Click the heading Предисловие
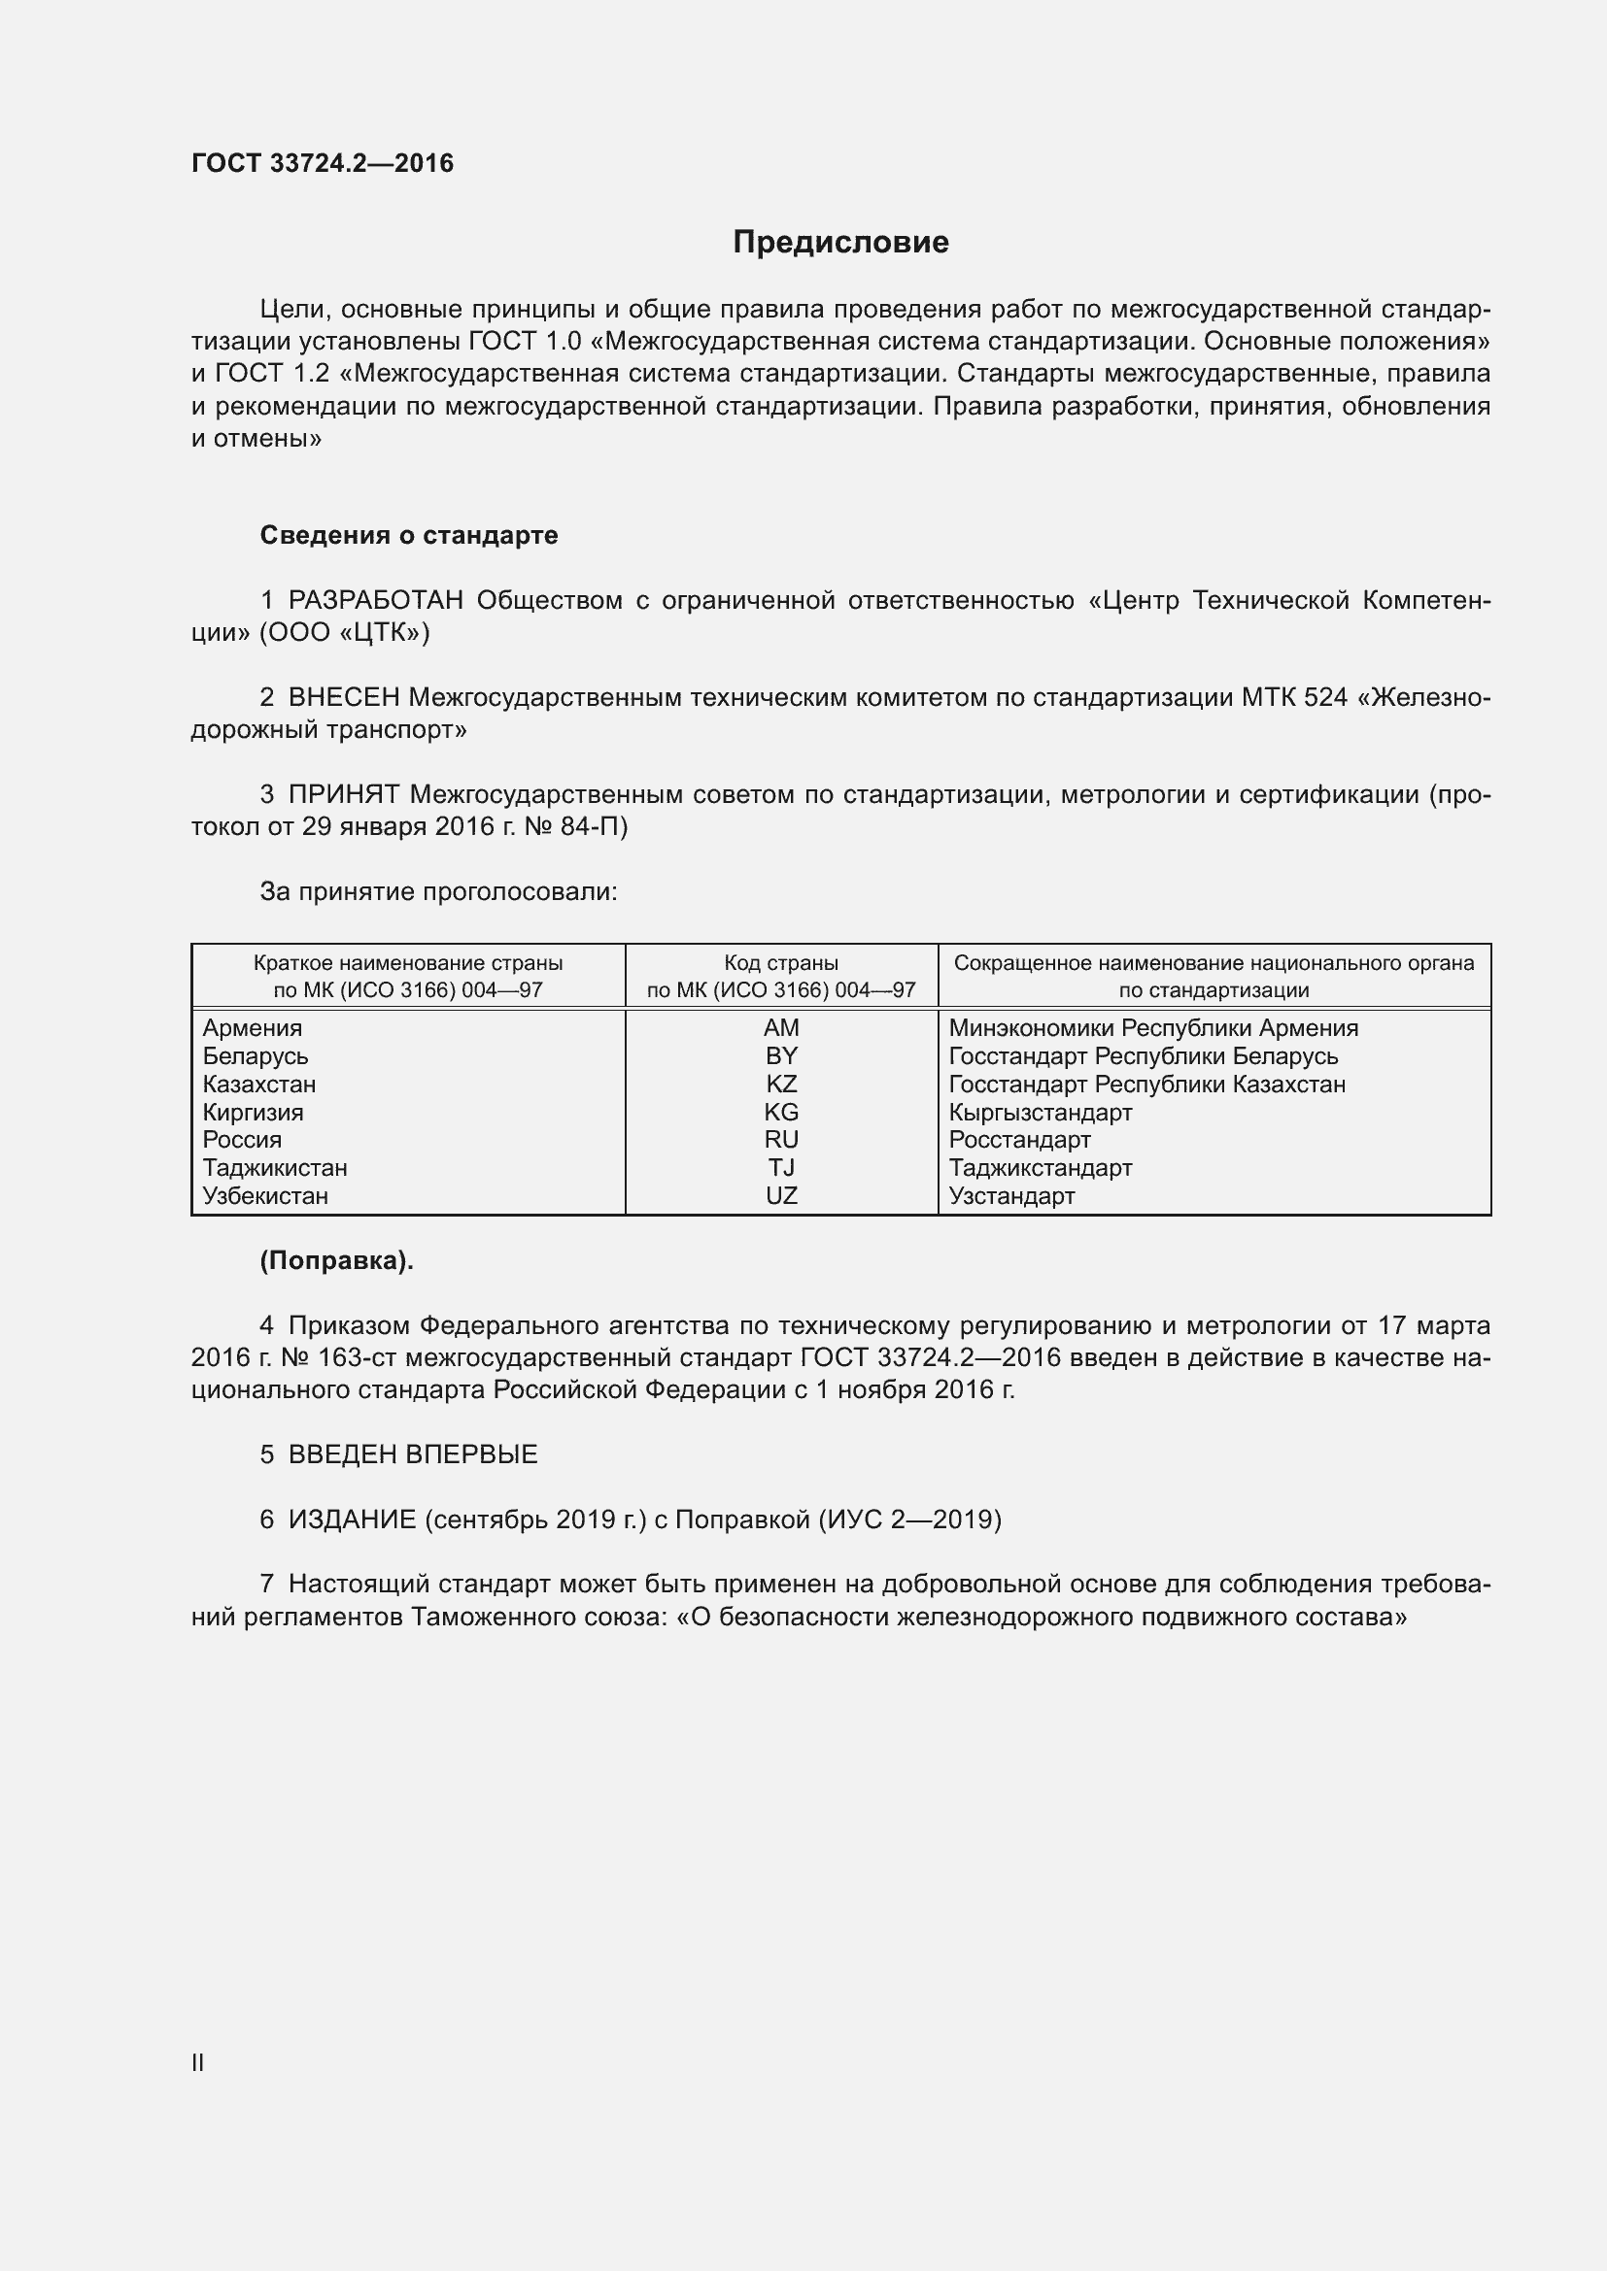(840, 242)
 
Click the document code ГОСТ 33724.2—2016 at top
(323, 163)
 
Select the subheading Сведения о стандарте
(409, 535)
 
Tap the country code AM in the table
(781, 1027)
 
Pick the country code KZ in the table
(781, 1085)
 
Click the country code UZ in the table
(781, 1196)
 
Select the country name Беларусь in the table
(256, 1056)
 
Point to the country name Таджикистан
(275, 1168)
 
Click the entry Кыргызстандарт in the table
(1040, 1113)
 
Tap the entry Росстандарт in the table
(1019, 1141)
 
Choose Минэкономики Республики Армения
(1153, 1028)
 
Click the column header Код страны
(781, 963)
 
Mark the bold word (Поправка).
(336, 1261)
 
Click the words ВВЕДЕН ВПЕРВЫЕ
(413, 1455)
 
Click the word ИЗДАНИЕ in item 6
(353, 1520)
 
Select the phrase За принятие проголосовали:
(438, 892)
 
